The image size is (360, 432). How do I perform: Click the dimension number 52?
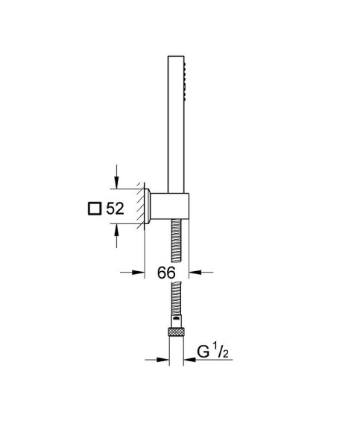pyautogui.click(x=116, y=209)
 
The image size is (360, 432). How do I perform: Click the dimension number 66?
pyautogui.click(x=166, y=273)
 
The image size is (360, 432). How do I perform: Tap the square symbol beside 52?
pyautogui.click(x=95, y=209)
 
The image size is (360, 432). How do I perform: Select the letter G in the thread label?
pyautogui.click(x=203, y=352)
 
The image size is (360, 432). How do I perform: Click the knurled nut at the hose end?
pyautogui.click(x=177, y=331)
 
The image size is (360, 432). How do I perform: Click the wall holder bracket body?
pyautogui.click(x=170, y=206)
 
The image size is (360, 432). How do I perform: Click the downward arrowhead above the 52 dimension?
pyautogui.click(x=116, y=183)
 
